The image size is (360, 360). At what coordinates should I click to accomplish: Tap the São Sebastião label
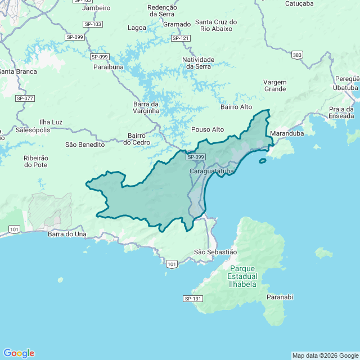215,252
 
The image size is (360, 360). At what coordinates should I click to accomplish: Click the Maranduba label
287,134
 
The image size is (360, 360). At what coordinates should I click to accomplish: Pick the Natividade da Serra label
198,62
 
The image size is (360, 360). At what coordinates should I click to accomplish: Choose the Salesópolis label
33,130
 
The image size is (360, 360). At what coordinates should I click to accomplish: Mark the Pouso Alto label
208,129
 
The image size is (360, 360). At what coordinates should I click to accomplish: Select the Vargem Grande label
274,85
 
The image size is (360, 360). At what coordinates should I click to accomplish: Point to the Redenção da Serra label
162,11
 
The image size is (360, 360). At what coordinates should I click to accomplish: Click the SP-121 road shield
181,38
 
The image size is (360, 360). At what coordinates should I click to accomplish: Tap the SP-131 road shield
192,298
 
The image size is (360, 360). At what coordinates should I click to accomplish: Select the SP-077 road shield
25,98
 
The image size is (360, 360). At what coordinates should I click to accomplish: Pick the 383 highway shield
297,55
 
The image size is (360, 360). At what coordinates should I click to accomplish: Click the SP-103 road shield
92,24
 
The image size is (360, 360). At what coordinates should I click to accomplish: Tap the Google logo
19,353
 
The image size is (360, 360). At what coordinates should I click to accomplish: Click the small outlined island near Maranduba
263,161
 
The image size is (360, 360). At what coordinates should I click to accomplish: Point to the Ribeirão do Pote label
36,162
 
